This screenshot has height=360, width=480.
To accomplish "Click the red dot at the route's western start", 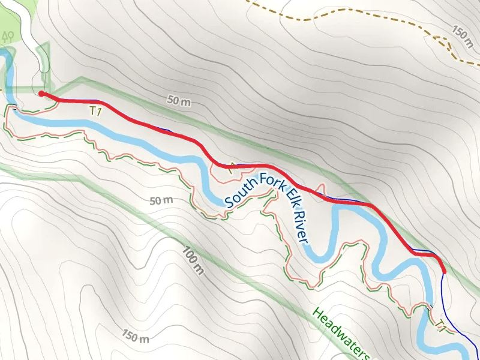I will [41, 94].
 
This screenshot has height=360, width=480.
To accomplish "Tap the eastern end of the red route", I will [444, 272].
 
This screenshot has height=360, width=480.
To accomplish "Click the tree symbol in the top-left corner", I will [8, 36].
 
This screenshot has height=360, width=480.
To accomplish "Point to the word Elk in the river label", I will [288, 192].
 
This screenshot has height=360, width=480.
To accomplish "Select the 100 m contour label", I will [192, 262].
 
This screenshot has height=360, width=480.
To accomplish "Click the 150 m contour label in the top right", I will [463, 37].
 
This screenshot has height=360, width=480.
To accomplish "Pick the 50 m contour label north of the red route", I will [179, 103].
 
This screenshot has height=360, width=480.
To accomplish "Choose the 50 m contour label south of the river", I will [161, 200].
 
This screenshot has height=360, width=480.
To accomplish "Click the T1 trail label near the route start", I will [94, 110].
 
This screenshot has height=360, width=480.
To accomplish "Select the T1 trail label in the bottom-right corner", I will [441, 326].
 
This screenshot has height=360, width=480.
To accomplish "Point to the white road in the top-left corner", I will [24, 18].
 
